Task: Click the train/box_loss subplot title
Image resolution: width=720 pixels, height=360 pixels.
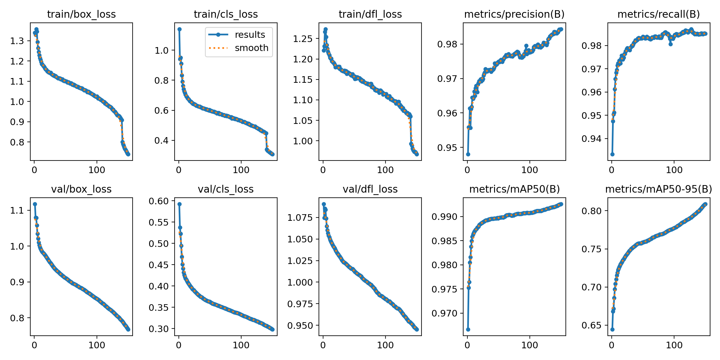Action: pos(81,14)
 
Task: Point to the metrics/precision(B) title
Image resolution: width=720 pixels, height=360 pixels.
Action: pos(514,14)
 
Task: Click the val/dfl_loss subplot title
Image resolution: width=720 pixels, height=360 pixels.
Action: pos(370,189)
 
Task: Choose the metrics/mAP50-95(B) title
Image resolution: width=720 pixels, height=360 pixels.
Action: pos(658,189)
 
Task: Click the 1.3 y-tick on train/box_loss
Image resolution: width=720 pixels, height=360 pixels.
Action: pos(17,41)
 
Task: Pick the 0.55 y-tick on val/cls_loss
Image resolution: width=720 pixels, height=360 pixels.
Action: pos(159,222)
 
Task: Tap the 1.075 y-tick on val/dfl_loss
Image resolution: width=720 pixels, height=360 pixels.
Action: pos(300,217)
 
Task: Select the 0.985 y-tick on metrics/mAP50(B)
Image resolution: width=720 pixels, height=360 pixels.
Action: pos(444,241)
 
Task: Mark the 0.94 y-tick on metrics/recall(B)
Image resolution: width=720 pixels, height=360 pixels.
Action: pos(591,139)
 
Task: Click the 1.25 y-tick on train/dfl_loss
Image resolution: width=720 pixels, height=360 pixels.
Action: pos(303,39)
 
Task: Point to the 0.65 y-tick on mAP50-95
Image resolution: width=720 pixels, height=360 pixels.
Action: pos(591,325)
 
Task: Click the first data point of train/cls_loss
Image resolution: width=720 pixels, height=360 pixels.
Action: pos(179,29)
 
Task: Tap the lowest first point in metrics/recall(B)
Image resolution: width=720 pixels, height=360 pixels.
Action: pos(612,154)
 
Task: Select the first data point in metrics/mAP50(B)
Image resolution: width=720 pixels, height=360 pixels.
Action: pos(468,329)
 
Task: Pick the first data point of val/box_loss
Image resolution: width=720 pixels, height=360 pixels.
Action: pos(35,204)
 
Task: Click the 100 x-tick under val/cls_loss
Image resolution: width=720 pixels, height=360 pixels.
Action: pos(241,345)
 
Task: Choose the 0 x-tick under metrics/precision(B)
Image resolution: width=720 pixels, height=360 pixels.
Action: pos(467,170)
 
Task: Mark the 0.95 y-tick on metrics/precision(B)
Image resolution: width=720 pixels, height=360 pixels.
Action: pos(447,148)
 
